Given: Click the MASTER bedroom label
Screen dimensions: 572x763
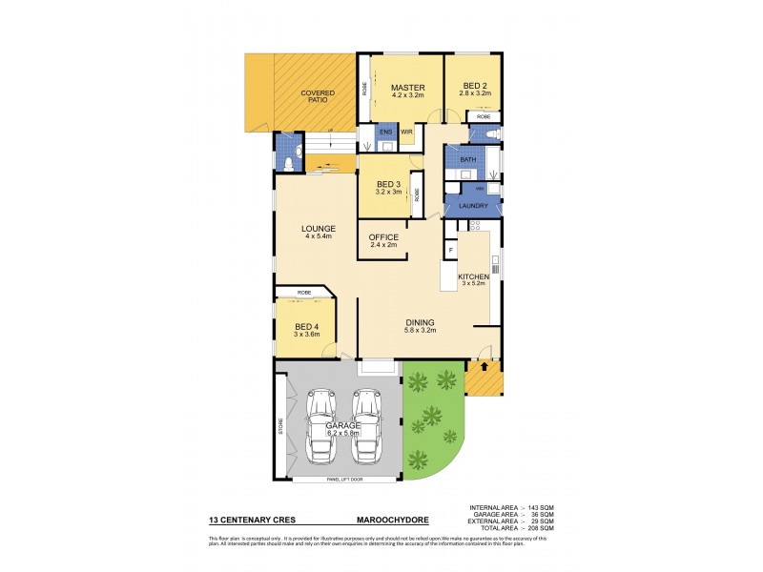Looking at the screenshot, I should (x=406, y=87).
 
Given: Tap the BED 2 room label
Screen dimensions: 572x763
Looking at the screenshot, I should (x=474, y=87).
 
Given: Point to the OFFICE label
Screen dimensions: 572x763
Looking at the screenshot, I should (x=383, y=237).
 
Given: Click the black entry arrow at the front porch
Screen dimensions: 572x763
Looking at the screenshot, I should (x=484, y=365).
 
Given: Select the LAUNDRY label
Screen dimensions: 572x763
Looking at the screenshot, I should (x=474, y=206).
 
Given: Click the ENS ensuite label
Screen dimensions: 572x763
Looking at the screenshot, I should (x=385, y=131).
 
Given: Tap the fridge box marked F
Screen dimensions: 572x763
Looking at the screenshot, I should (x=449, y=250).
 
